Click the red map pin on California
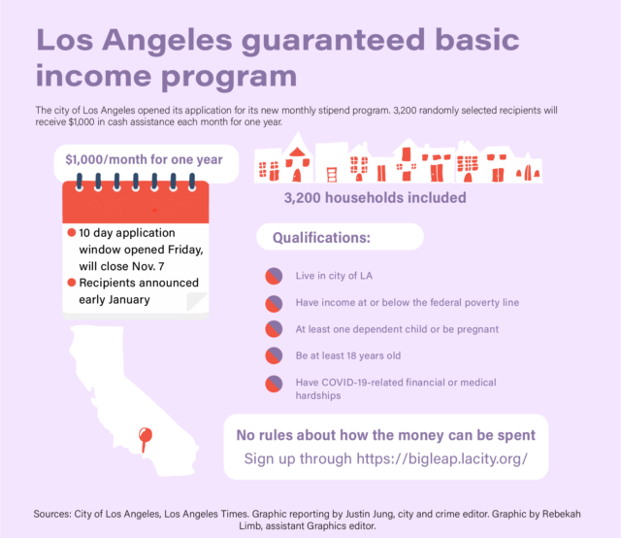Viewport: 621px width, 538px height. (145, 436)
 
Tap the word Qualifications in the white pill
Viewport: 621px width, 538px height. (321, 238)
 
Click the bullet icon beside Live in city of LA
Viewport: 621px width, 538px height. (274, 276)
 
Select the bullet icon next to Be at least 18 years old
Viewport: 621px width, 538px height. (274, 355)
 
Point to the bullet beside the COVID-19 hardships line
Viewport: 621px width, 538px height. (274, 384)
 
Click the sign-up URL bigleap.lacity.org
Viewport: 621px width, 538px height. (442, 458)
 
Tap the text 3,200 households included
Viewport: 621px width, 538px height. (375, 197)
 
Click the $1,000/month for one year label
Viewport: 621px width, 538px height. (144, 159)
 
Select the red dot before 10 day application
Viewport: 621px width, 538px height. (72, 232)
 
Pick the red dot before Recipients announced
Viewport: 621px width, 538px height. (72, 283)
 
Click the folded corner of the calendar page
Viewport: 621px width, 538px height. (196, 302)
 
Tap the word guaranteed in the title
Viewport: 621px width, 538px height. (334, 41)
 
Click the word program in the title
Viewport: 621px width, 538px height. (229, 77)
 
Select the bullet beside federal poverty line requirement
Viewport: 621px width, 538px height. (274, 304)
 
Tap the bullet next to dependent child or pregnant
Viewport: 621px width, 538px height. (274, 328)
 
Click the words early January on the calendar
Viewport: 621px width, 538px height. (114, 300)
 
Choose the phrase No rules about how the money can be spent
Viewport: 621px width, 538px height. (386, 435)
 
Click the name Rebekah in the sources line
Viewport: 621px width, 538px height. (561, 514)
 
